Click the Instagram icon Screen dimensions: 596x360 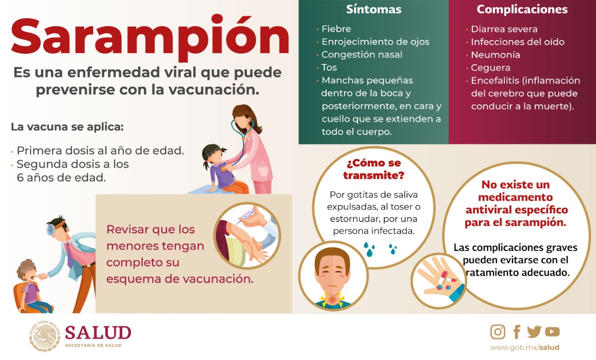tap(498, 332)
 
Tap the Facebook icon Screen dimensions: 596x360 tap(517, 332)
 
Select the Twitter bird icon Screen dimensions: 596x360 tap(534, 332)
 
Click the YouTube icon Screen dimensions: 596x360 tap(552, 332)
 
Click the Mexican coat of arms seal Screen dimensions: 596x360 tap(45, 335)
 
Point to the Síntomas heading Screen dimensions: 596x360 tap(373, 9)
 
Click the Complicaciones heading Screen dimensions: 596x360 tap(522, 9)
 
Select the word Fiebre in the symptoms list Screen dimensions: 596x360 tap(336, 29)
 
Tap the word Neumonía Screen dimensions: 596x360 tap(495, 55)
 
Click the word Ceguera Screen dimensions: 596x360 tap(491, 68)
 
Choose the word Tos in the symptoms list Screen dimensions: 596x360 tap(329, 68)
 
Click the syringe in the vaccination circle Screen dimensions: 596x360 tap(247, 216)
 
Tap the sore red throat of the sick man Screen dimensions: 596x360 tap(332, 299)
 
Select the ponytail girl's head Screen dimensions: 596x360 tap(213, 154)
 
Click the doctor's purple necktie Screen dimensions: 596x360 tap(69, 255)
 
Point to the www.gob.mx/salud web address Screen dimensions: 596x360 tap(525, 347)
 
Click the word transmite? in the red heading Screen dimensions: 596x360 tap(373, 176)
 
